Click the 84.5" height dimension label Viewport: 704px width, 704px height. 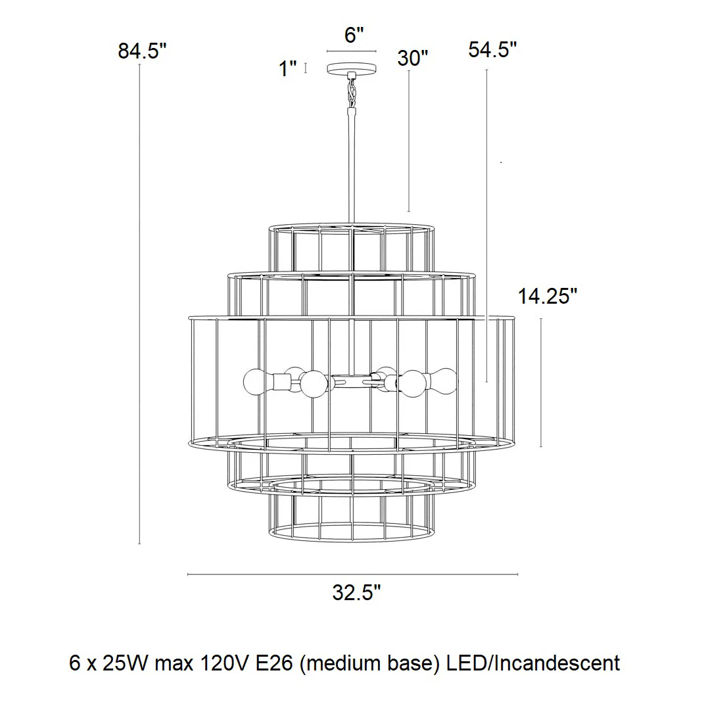coord(143,51)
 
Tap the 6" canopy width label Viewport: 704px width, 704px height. coord(354,35)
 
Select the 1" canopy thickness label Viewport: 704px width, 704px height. coord(288,69)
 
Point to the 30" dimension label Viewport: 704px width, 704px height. coord(413,58)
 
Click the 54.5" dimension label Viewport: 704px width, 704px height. coord(492,49)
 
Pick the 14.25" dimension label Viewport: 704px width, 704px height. coord(548,296)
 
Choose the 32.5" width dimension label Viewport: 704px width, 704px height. coord(356,592)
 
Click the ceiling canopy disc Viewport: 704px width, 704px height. coord(352,69)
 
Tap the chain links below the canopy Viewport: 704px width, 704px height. coord(352,91)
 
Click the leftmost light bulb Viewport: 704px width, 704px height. coord(255,382)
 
